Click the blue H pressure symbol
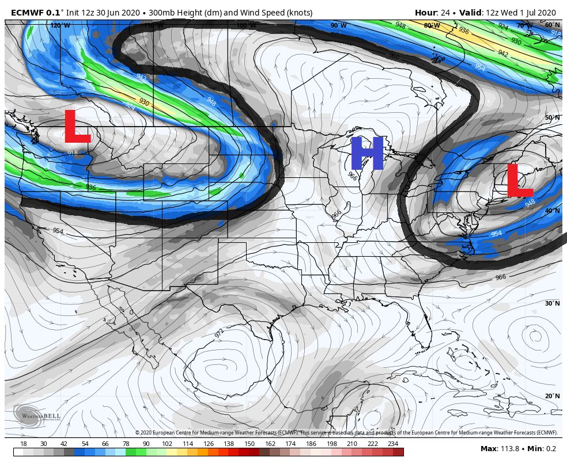[x=366, y=154]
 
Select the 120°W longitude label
[x=59, y=25]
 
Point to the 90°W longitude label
[x=338, y=25]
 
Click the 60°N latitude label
[x=552, y=25]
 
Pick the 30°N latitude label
[x=552, y=303]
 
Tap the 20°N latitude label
[x=552, y=397]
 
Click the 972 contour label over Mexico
[x=220, y=333]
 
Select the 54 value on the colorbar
[x=85, y=444]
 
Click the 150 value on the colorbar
[x=249, y=444]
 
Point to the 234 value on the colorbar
[x=393, y=444]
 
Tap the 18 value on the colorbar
[x=24, y=444]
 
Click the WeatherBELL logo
[x=28, y=416]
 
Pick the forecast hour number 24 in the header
[x=445, y=13]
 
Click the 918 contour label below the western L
[x=73, y=153]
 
